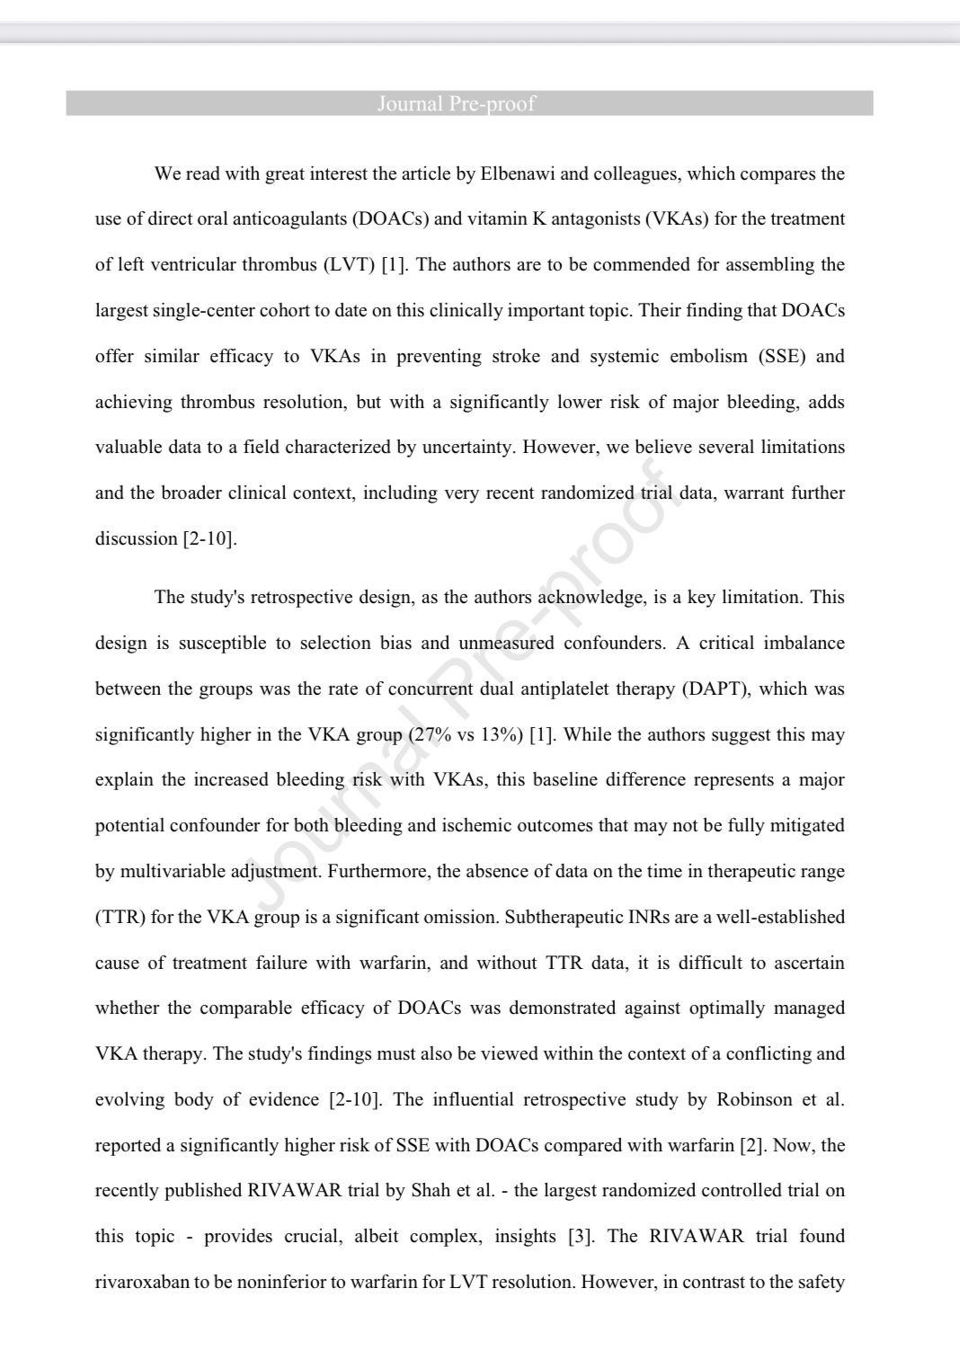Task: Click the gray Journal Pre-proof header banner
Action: coord(469,103)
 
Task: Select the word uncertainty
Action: coord(466,448)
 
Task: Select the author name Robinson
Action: coord(754,1100)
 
